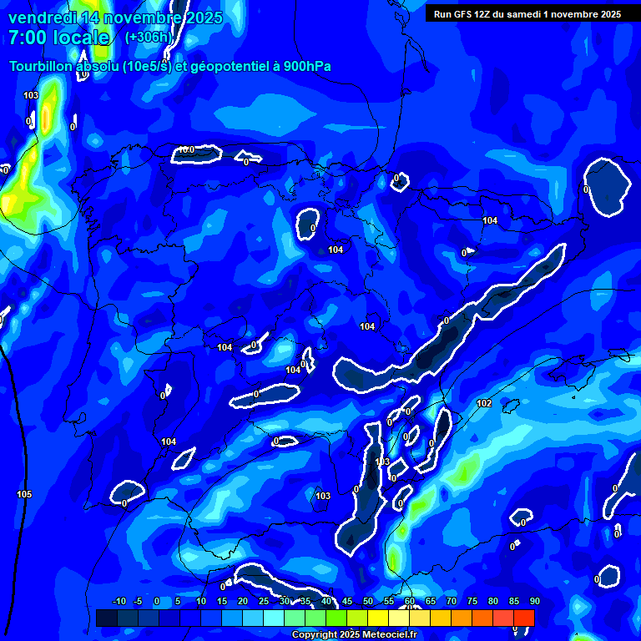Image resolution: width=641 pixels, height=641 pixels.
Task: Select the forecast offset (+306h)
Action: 149,38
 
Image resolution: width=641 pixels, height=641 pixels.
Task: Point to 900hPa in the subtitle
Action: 304,67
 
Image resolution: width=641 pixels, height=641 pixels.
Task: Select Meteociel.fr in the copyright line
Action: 377,635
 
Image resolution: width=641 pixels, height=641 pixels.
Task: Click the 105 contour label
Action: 24,495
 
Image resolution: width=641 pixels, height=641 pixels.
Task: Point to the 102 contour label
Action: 484,404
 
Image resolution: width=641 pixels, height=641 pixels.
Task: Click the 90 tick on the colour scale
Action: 534,602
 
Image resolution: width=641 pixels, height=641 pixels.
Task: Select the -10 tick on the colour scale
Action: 119,602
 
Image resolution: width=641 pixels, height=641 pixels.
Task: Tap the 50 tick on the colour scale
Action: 368,602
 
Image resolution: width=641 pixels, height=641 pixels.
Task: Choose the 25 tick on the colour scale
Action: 264,602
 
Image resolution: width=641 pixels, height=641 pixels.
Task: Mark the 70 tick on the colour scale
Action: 452,602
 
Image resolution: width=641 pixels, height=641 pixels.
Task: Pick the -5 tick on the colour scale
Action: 139,602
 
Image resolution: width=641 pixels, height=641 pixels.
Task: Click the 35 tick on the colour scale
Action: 305,602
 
